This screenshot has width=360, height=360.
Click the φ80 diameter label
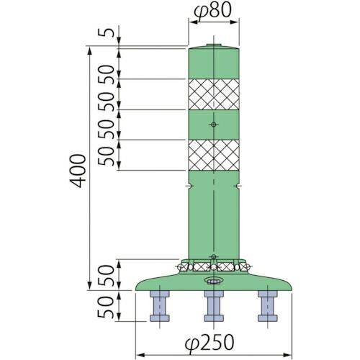click(214, 10)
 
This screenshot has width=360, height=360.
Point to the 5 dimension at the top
click(107, 33)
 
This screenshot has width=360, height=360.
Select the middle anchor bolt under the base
click(212, 307)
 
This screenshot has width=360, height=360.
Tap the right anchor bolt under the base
click(268, 307)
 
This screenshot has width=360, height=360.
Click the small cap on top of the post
click(213, 45)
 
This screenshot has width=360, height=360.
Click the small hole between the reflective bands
click(213, 125)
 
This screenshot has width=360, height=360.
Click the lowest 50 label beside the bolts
click(107, 308)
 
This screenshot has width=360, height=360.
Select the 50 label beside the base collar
click(107, 276)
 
